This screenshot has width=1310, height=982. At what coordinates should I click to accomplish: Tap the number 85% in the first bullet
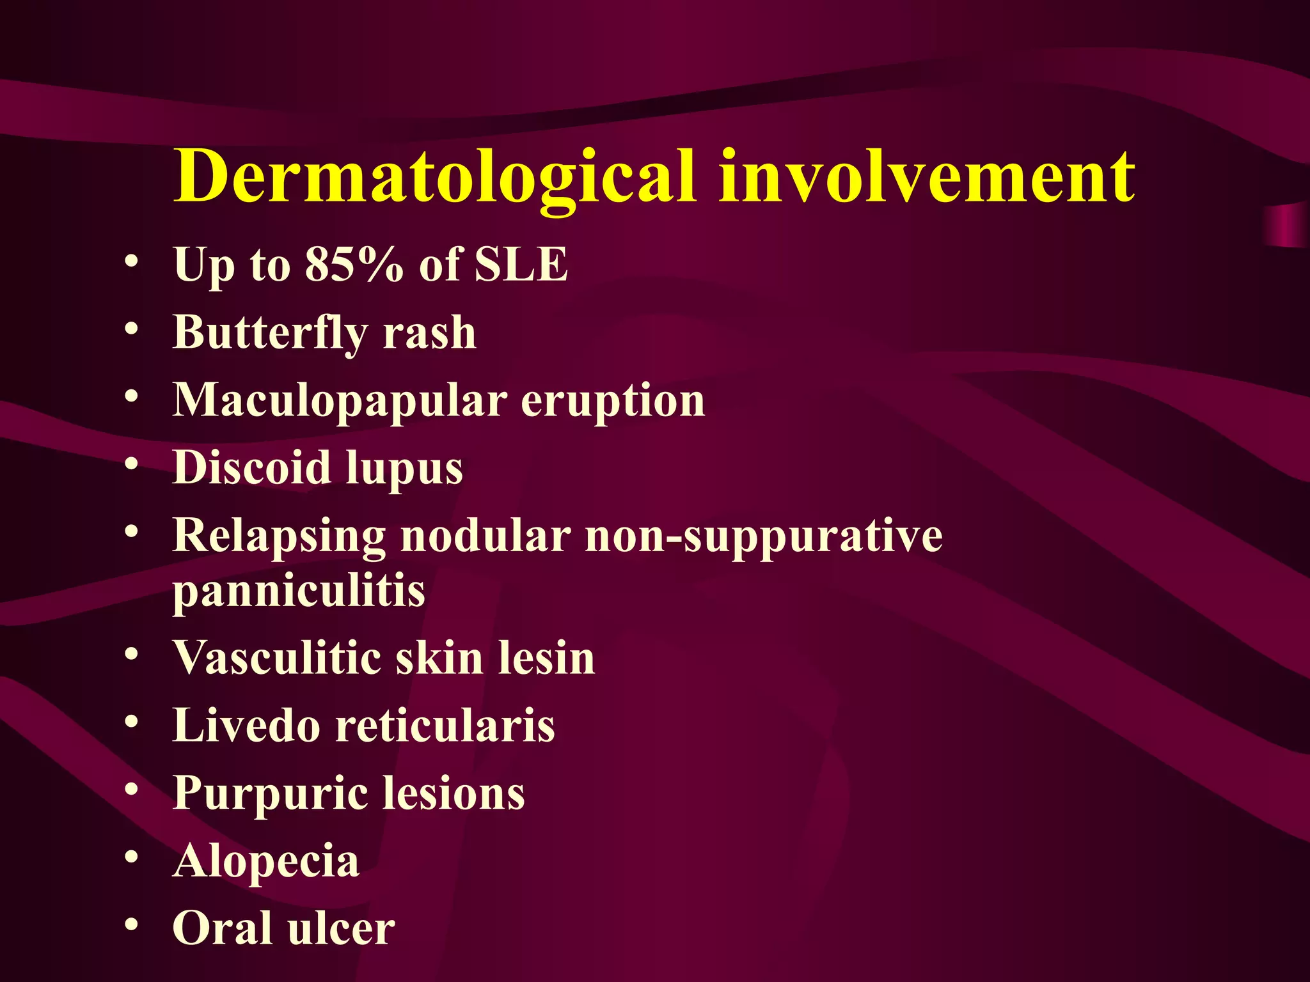[354, 263]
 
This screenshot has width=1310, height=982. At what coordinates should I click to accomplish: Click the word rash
[429, 332]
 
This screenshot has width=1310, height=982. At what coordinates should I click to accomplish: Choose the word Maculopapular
[340, 400]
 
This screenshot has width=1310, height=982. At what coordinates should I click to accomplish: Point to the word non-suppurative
[764, 536]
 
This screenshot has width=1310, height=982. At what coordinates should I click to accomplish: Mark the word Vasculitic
[278, 657]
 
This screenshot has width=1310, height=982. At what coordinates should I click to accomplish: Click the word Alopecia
[266, 861]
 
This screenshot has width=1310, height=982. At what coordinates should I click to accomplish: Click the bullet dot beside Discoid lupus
[132, 464]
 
